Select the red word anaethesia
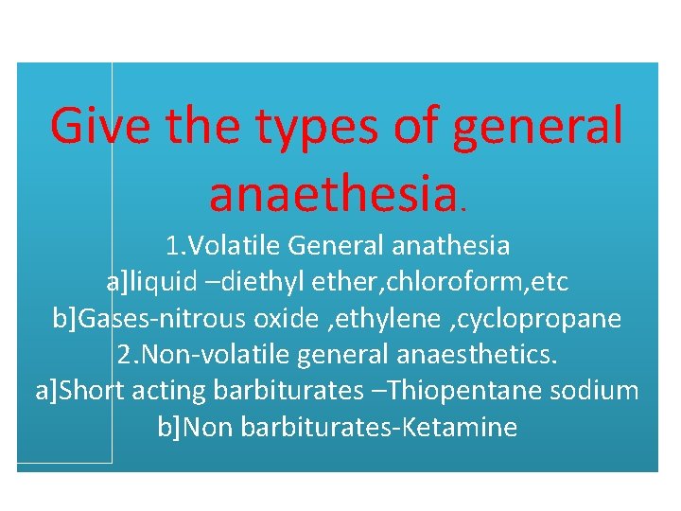(336, 193)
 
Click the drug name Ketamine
(459, 428)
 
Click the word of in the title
(410, 126)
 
